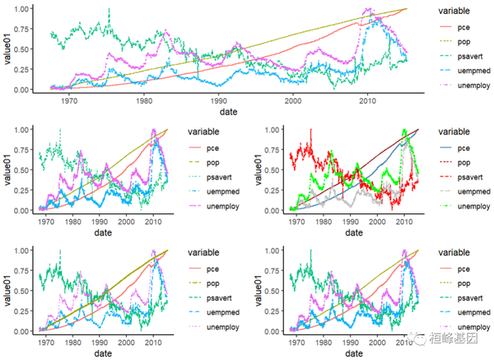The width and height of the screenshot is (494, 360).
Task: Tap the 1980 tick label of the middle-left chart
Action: coord(68,221)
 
